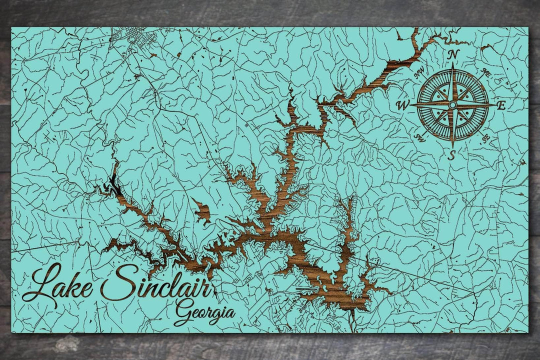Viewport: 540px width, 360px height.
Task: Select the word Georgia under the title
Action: pyautogui.click(x=205, y=311)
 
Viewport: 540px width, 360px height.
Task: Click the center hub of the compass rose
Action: pyautogui.click(x=452, y=105)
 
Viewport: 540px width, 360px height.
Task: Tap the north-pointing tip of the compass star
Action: pyautogui.click(x=453, y=64)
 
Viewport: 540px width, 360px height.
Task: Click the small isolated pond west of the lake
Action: pyautogui.click(x=201, y=212)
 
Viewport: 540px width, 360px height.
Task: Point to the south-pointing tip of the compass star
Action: pyautogui.click(x=452, y=146)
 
